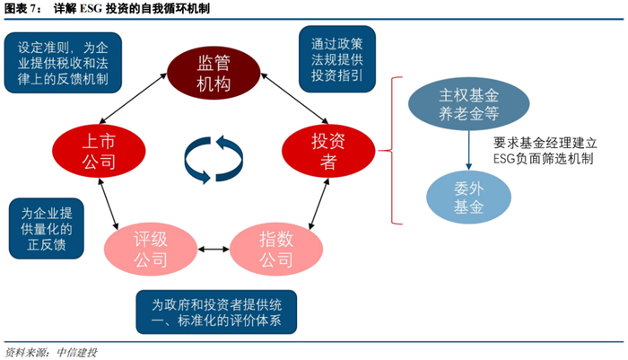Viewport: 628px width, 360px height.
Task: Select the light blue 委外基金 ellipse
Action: coord(467,198)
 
